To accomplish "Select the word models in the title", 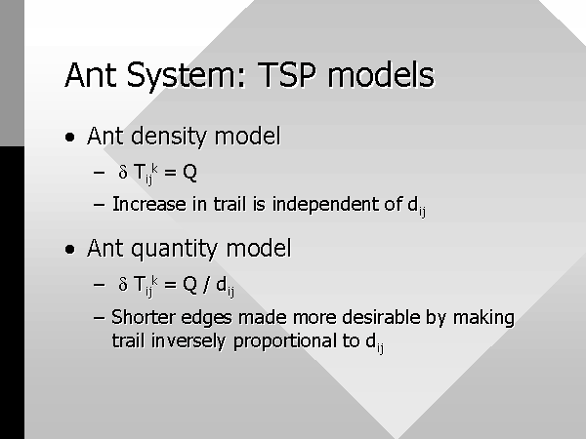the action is pos(381,75).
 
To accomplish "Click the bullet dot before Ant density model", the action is pos(70,137).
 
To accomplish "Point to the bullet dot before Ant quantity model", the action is pos(70,249).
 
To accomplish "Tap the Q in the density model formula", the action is pos(189,173).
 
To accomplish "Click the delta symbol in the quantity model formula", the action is pos(123,284).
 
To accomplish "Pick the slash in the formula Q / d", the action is pos(206,285).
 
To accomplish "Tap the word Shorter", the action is pos(144,317).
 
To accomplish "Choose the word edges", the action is pos(206,318).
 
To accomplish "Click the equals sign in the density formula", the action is pos(170,173).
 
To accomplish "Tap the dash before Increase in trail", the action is pos(99,205).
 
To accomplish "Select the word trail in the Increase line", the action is pos(230,205).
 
